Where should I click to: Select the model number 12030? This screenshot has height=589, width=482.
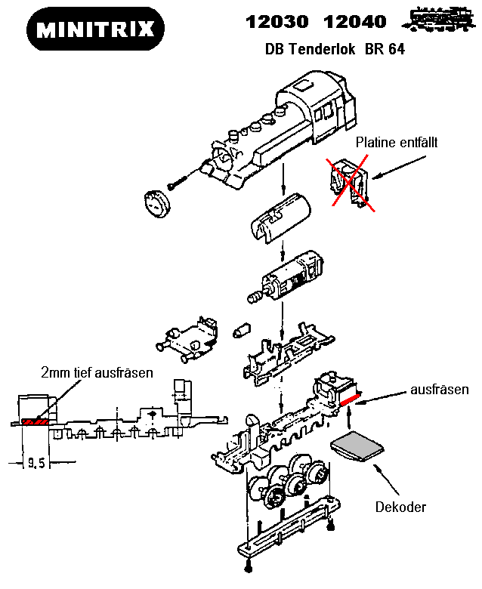273,23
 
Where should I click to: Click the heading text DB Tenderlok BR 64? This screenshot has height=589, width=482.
335,50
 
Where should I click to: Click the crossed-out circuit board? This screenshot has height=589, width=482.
348,181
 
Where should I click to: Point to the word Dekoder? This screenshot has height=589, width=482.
400,507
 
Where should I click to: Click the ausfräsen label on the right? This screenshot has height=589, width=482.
440,390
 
